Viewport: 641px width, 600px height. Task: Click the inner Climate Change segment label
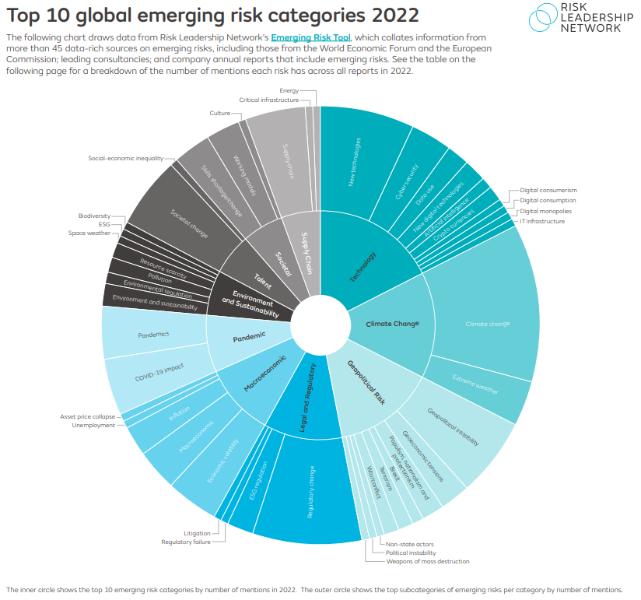392,324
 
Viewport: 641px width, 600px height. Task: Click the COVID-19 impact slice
159,373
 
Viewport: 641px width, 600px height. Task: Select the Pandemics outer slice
153,335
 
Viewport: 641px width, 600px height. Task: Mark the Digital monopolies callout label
545,211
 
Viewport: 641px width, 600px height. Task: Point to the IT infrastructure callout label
542,221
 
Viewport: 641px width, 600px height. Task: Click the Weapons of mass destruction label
427,561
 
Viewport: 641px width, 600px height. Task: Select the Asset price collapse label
87,416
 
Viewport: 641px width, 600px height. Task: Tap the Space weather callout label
89,233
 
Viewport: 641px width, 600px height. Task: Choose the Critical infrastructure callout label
269,100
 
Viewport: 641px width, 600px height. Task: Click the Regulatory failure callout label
185,542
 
